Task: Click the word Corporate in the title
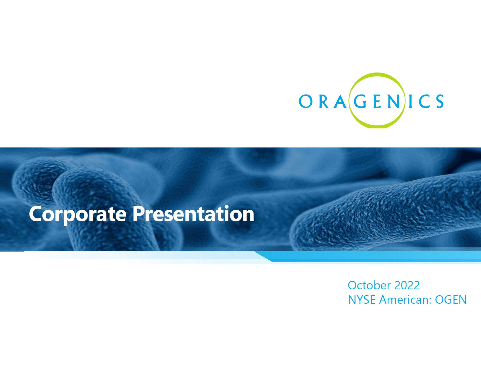click(x=78, y=214)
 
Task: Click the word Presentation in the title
click(x=193, y=214)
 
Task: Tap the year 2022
click(x=407, y=285)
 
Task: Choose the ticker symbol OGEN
click(x=451, y=300)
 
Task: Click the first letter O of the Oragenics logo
click(x=306, y=101)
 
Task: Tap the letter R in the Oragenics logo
click(x=324, y=101)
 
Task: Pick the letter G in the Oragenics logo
click(x=360, y=101)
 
